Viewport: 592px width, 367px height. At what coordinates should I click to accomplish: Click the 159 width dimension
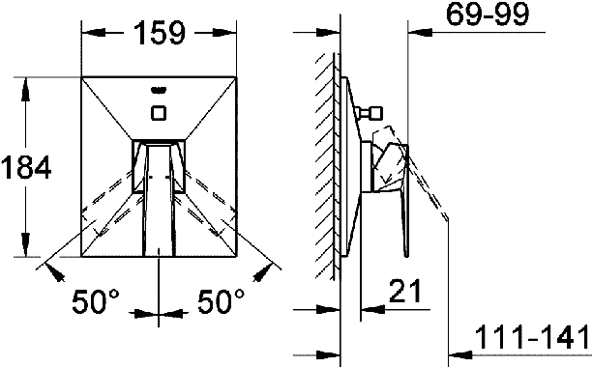tap(160, 33)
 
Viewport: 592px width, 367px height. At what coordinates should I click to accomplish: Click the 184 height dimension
tap(26, 167)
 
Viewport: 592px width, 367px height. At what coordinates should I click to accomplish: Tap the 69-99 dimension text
tap(488, 14)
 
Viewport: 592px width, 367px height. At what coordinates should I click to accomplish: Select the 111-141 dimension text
tap(531, 337)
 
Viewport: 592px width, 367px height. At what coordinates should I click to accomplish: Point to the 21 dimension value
tap(404, 292)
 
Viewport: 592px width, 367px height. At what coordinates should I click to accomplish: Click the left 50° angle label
tap(95, 301)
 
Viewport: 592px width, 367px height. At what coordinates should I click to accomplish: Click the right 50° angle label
tap(221, 301)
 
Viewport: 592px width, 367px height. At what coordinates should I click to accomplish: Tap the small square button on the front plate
tap(159, 113)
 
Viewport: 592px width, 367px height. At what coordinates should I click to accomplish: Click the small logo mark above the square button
tap(159, 90)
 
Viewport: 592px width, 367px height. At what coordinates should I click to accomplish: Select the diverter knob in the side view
tap(370, 113)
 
